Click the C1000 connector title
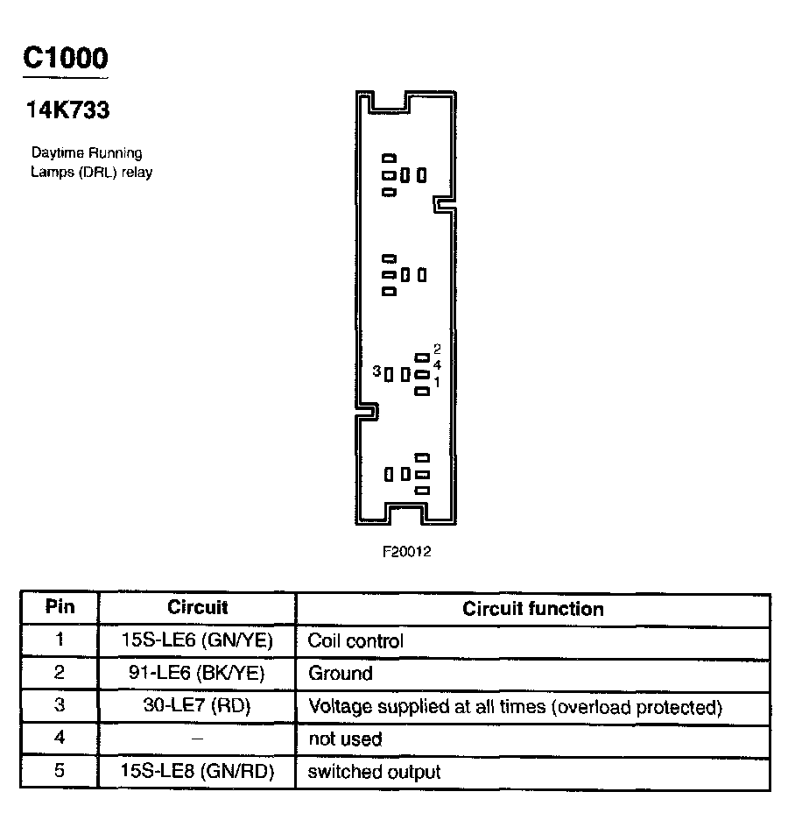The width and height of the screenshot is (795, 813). (66, 58)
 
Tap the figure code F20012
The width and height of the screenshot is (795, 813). (406, 552)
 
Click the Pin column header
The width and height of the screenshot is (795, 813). (60, 607)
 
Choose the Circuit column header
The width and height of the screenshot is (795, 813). (197, 607)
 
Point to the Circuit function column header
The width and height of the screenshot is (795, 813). (532, 608)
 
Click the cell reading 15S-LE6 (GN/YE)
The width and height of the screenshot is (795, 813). (197, 640)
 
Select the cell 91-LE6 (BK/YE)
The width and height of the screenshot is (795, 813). (197, 673)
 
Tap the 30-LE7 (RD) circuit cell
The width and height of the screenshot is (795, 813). (197, 706)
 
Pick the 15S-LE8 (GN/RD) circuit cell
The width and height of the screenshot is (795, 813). (197, 772)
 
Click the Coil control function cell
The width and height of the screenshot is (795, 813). (355, 640)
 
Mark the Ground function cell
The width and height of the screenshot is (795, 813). (340, 673)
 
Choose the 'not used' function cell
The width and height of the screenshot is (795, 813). (345, 739)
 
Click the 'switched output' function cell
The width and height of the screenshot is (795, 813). (374, 772)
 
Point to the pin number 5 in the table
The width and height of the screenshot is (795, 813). (60, 772)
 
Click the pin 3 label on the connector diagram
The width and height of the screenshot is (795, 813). (376, 371)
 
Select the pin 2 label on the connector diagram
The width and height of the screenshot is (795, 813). (437, 349)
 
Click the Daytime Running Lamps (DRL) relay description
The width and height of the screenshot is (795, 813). (91, 163)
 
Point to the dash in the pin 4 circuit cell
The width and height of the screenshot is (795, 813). (197, 739)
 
